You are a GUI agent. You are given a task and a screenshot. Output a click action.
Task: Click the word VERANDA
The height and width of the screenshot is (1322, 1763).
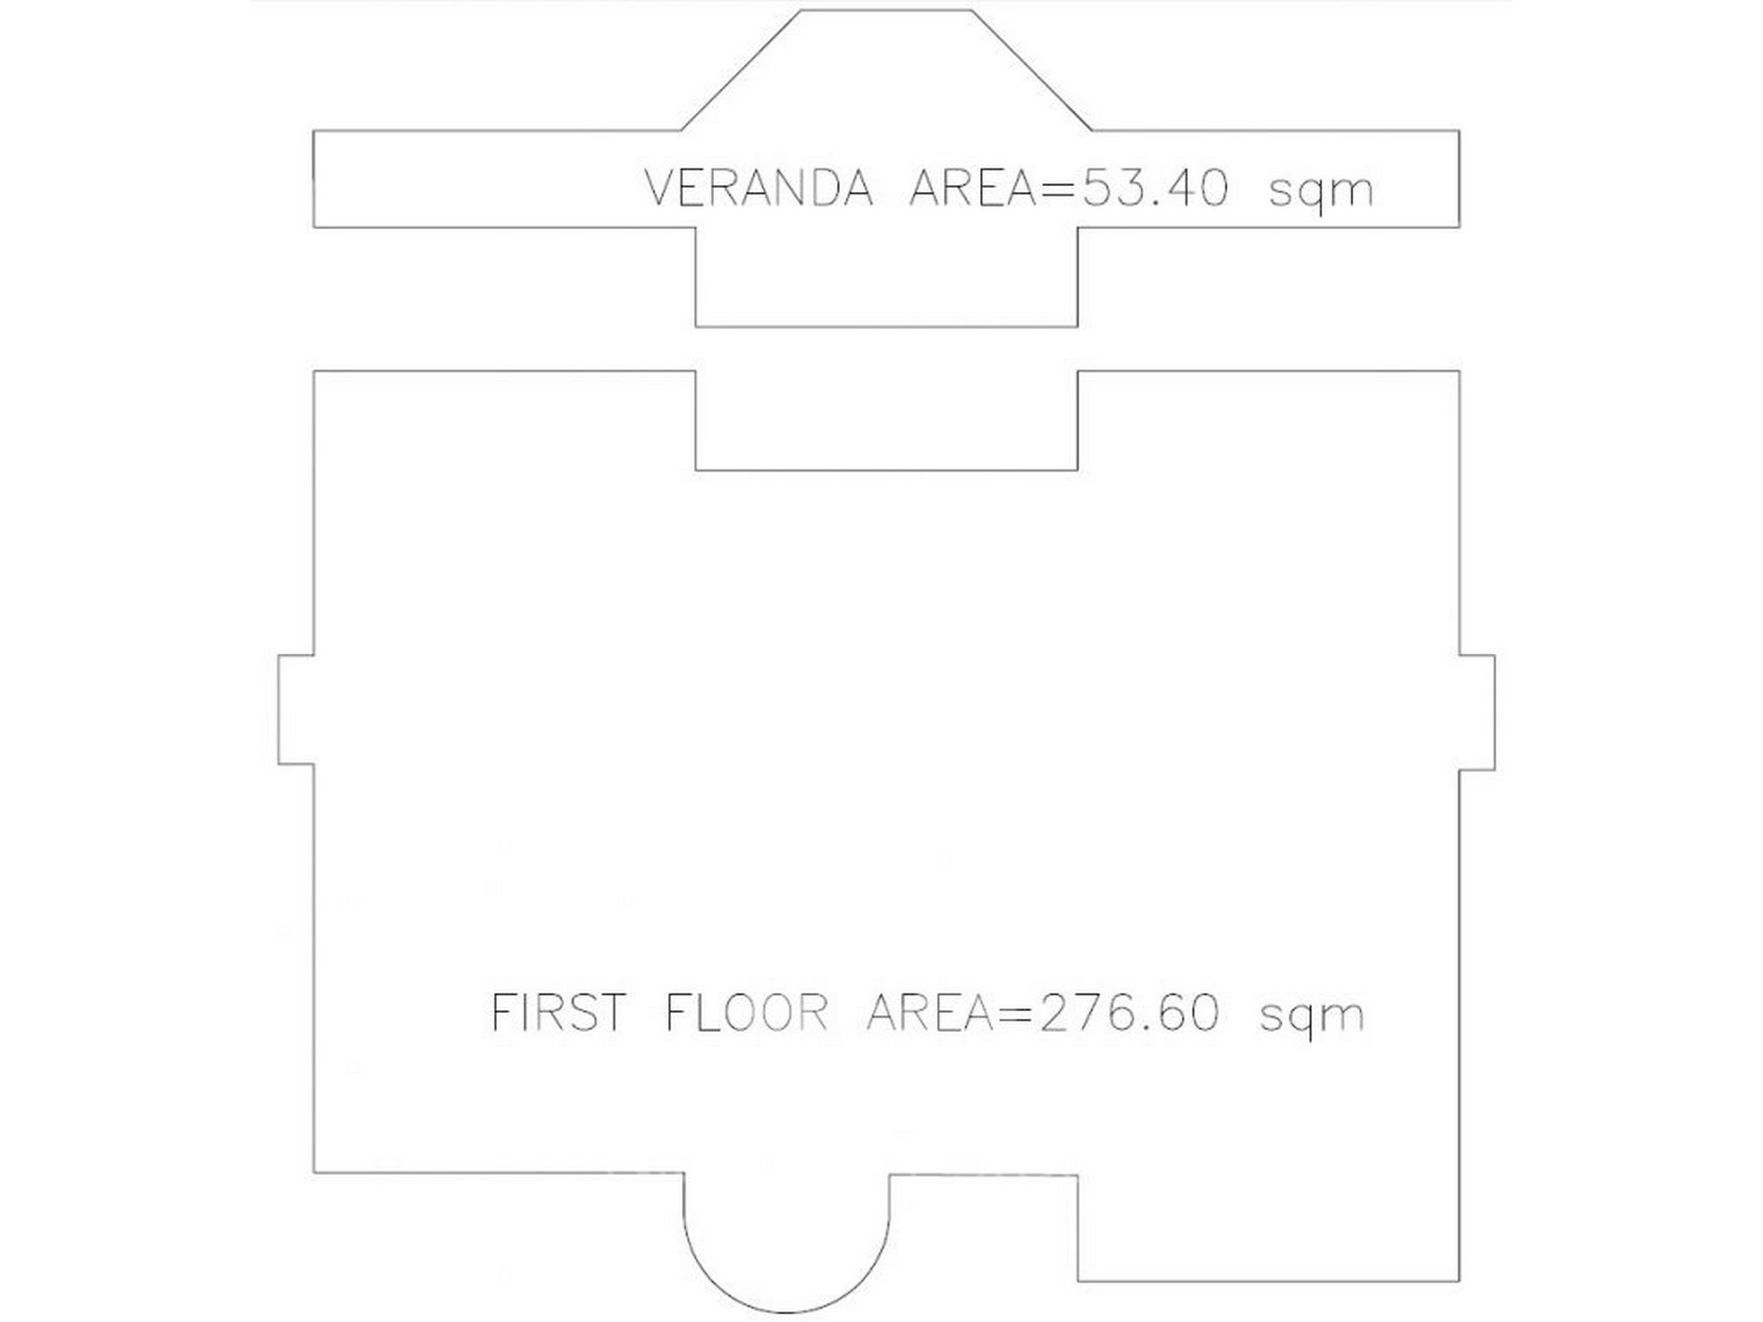click(x=759, y=188)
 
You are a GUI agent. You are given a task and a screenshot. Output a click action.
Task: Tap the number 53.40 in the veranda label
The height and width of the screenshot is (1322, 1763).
click(x=1154, y=188)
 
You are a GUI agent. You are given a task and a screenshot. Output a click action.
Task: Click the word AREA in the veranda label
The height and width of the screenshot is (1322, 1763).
click(x=972, y=188)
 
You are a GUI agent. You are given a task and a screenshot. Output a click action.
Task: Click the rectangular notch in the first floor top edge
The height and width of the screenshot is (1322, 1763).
click(x=886, y=470)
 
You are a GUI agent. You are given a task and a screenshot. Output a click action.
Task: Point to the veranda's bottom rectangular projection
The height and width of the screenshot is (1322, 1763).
click(x=886, y=326)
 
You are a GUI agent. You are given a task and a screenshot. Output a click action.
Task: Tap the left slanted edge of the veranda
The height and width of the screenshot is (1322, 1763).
click(x=741, y=70)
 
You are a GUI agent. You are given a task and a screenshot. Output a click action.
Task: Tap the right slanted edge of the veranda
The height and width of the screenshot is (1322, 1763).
click(x=1031, y=70)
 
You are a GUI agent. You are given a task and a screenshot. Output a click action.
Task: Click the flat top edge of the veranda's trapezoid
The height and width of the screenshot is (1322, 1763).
click(x=886, y=10)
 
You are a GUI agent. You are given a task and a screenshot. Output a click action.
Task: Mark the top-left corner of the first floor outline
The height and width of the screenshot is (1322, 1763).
click(x=315, y=372)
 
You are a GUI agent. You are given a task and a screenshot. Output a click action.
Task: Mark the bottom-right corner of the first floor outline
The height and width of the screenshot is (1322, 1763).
click(x=1459, y=1281)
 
